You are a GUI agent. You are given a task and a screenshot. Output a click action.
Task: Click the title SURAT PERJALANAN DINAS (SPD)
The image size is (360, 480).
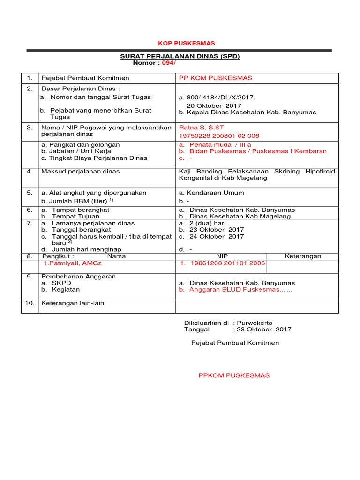coord(180,56)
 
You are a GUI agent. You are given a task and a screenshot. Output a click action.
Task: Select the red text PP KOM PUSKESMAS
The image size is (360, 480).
coord(216,78)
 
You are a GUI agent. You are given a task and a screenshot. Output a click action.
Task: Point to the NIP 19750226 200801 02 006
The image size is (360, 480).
coord(219,135)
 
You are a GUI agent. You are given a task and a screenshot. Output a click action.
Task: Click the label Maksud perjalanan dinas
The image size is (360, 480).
coord(81,172)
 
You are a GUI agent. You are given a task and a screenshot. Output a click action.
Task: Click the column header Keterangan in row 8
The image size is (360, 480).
coord(303,256)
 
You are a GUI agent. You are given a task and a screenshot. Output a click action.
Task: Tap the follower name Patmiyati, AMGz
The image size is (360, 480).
coord(70,264)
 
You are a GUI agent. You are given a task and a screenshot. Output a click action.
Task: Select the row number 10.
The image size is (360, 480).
coord(30,303)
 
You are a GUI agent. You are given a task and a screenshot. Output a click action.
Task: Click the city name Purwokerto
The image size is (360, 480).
coord(255,323)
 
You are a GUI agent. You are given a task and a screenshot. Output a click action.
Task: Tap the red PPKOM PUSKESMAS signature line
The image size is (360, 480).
coord(234,375)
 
